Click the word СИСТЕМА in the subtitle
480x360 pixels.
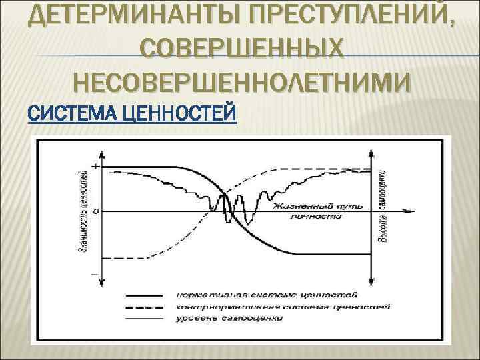pos(67,113)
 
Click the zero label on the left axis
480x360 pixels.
pos(95,212)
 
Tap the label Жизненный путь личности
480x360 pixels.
pos(317,212)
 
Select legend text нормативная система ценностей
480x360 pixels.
pos(267,294)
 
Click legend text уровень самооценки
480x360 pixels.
pos(230,319)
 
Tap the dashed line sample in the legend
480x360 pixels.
pos(144,307)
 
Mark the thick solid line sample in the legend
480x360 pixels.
pos(144,295)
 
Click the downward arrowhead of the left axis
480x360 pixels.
pos(101,285)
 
